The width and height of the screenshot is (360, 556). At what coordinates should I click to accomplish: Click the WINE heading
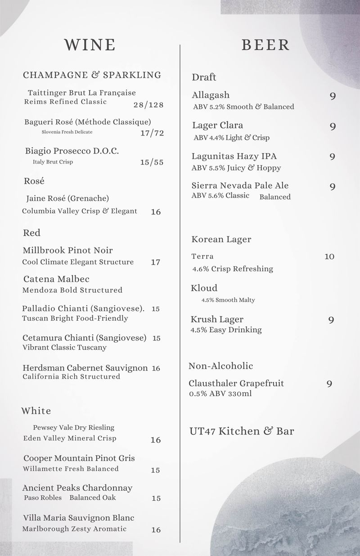click(90, 45)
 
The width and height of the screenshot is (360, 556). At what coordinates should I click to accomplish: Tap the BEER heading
click(265, 45)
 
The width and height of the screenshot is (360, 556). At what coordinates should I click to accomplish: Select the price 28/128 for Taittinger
click(148, 105)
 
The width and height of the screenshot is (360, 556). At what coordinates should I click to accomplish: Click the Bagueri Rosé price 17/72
click(152, 133)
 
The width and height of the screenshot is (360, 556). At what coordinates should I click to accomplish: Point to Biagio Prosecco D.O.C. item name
click(72, 151)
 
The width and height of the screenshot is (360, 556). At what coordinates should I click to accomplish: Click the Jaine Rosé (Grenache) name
click(67, 198)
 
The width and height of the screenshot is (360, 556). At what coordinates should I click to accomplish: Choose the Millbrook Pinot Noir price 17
click(155, 262)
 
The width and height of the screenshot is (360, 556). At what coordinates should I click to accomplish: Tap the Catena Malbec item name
click(56, 279)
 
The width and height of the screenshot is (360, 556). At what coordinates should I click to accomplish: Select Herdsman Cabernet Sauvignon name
click(85, 368)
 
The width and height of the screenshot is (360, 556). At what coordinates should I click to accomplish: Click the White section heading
click(36, 411)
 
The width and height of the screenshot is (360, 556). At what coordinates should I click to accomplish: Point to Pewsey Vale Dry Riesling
click(73, 427)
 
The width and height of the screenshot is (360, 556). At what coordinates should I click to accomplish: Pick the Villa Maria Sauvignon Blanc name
click(79, 518)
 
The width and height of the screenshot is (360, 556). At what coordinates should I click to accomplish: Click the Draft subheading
click(204, 77)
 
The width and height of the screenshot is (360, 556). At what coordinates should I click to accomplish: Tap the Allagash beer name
click(211, 95)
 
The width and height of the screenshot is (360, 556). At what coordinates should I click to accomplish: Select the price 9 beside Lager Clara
click(333, 127)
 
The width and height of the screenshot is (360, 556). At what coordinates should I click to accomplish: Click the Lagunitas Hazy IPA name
click(234, 156)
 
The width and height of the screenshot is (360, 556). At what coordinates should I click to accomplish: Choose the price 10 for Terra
click(329, 257)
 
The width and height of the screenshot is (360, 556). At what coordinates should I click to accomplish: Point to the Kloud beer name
click(204, 288)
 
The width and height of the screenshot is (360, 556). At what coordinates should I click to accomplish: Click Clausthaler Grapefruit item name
click(236, 384)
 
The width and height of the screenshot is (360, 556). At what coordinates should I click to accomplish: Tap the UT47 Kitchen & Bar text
click(242, 431)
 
